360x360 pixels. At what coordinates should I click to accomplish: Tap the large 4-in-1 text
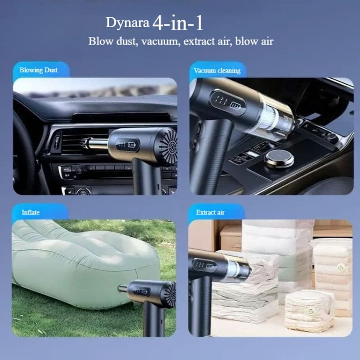178,23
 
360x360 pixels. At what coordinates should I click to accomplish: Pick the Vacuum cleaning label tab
217,70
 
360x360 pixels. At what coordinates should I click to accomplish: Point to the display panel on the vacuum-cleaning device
228,102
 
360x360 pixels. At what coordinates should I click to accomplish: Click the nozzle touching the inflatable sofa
123,288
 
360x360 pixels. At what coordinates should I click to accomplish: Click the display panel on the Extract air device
204,265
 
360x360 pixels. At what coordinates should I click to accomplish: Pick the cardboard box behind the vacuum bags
231,238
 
